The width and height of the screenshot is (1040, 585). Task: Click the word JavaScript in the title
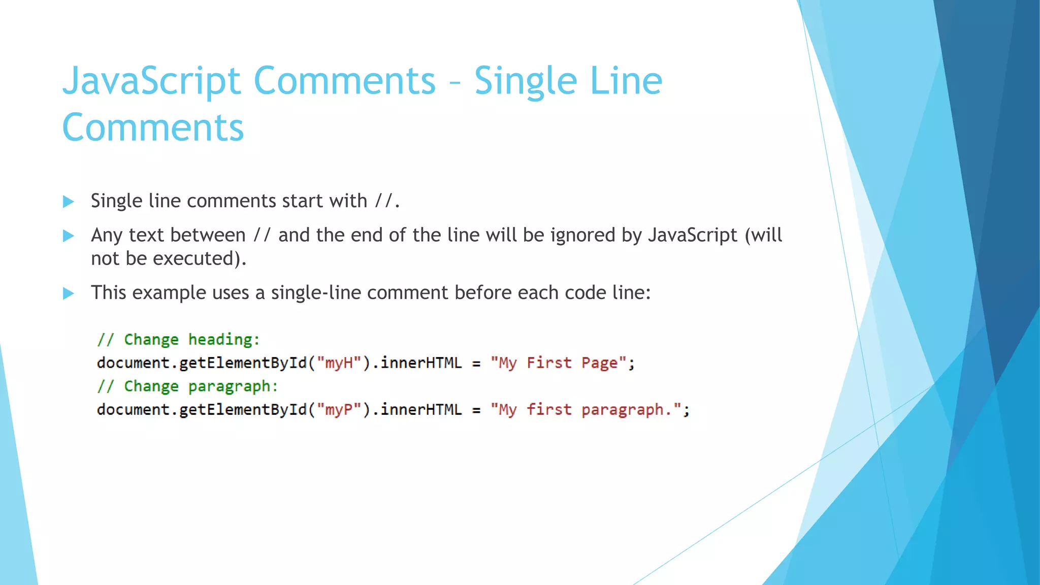click(151, 81)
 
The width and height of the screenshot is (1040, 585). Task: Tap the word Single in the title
click(526, 81)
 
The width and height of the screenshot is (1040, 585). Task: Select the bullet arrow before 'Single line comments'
click(69, 202)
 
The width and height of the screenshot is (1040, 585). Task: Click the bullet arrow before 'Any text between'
click(69, 236)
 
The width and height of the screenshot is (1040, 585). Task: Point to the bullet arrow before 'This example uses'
click(69, 293)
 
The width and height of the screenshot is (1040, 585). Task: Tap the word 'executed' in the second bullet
click(193, 258)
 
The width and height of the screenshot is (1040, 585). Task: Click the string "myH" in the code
click(339, 363)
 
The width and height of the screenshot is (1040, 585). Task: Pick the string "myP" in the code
click(339, 410)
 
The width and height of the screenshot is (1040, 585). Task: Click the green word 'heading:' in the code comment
click(224, 339)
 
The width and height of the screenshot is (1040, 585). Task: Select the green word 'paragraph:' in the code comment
click(233, 386)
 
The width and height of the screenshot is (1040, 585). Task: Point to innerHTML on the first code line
click(421, 363)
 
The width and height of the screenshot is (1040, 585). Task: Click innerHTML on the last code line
click(421, 410)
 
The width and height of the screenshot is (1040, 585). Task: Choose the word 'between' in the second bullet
click(208, 235)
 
